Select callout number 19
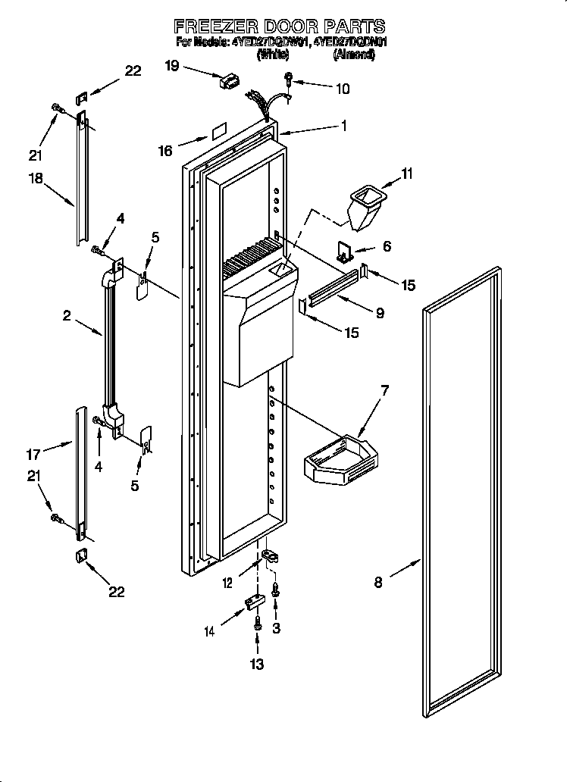click(x=172, y=66)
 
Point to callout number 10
click(x=342, y=89)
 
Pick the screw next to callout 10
click(x=290, y=78)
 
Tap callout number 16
click(x=165, y=151)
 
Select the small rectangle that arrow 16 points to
click(x=219, y=132)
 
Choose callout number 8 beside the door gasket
click(x=378, y=582)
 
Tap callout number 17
click(x=33, y=455)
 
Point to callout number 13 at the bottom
click(x=257, y=665)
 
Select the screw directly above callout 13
click(x=258, y=624)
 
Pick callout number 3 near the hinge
click(x=277, y=627)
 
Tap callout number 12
click(x=228, y=582)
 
